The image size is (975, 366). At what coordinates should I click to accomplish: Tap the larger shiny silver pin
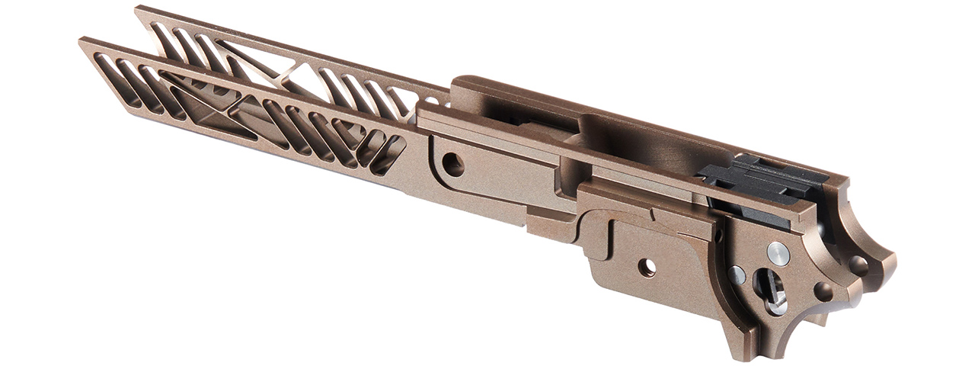click(778, 255)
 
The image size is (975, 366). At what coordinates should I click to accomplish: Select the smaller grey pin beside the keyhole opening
click(737, 274)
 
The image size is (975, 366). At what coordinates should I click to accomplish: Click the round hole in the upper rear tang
click(858, 265)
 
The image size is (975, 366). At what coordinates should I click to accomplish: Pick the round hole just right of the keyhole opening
click(823, 291)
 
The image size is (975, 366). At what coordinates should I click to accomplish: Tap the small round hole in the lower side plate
click(647, 268)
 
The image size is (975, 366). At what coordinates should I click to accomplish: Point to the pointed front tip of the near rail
click(82, 42)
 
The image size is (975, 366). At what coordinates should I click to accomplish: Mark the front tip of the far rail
click(138, 10)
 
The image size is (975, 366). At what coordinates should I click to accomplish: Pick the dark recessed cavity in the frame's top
click(647, 145)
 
